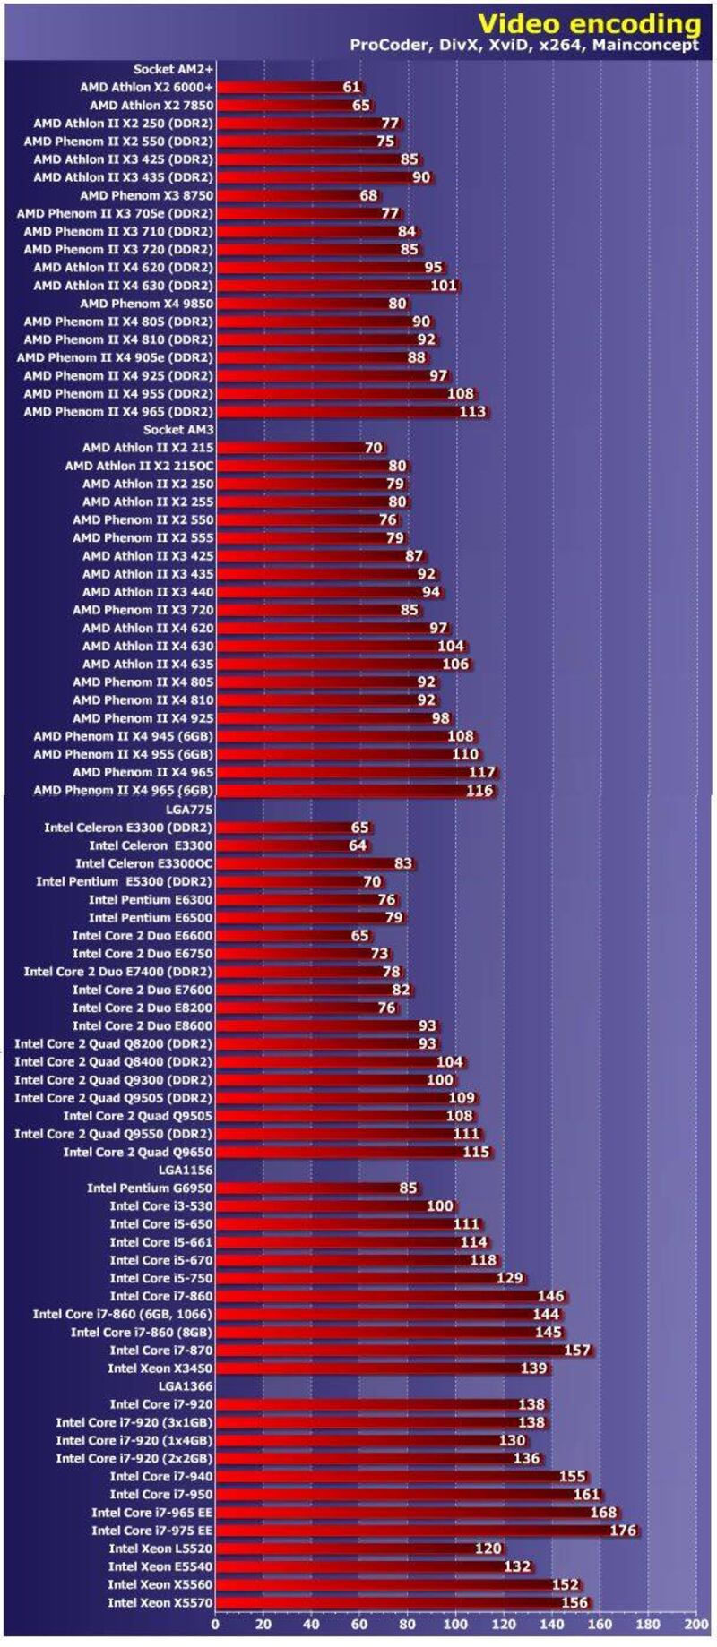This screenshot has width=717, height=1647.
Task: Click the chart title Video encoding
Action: [588, 23]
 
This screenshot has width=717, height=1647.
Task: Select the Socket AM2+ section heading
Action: [173, 69]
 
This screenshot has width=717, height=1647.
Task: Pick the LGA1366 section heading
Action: [186, 1386]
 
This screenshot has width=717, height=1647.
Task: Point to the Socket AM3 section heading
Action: [178, 430]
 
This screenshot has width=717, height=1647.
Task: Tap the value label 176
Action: [623, 1531]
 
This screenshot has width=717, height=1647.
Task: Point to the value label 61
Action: [351, 87]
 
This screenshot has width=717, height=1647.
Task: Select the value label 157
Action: [577, 1351]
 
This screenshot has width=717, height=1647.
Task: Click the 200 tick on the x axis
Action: [696, 1624]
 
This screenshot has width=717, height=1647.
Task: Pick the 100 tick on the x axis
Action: [455, 1624]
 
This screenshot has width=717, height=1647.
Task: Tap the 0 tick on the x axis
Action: [215, 1624]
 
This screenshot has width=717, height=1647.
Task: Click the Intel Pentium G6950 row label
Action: [150, 1188]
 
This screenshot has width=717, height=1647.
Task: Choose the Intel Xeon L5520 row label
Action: [160, 1548]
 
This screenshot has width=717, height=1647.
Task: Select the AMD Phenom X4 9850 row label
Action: [146, 304]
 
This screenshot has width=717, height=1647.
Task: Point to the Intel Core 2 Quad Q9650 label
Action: [137, 1152]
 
